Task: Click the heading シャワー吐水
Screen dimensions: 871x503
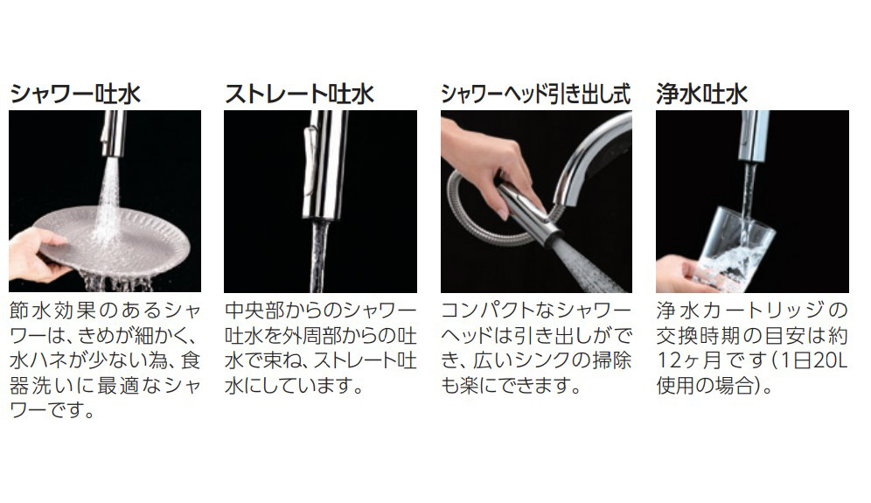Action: pyautogui.click(x=75, y=94)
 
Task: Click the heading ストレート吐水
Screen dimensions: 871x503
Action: pyautogui.click(x=299, y=94)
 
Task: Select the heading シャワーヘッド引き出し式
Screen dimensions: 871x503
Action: pyautogui.click(x=536, y=94)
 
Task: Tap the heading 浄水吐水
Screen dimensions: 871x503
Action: pyautogui.click(x=702, y=94)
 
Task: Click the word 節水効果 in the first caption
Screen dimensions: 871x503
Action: pyautogui.click(x=52, y=311)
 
